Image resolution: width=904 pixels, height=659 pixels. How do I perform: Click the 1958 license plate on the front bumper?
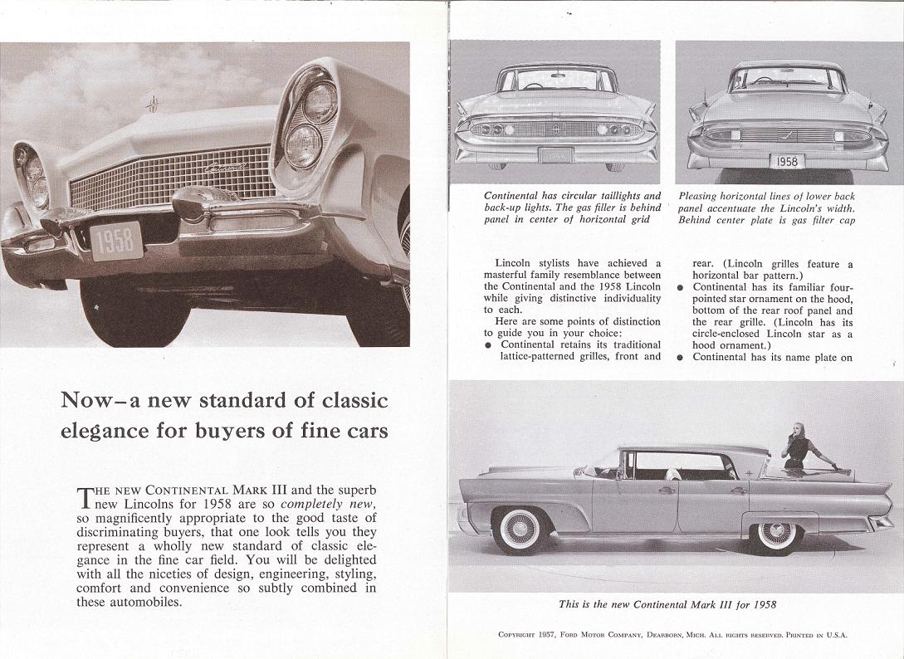[116, 241]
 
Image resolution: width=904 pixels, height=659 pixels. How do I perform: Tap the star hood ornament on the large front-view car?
[152, 105]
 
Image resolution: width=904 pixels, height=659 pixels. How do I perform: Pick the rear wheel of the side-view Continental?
[775, 532]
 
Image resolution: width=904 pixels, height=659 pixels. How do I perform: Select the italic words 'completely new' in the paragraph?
[329, 504]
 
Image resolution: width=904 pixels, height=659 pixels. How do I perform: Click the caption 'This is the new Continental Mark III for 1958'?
[667, 604]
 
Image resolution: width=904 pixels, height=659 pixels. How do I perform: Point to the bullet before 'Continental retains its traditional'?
[489, 344]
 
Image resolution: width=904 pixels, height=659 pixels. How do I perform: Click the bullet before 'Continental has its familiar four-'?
[680, 287]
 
